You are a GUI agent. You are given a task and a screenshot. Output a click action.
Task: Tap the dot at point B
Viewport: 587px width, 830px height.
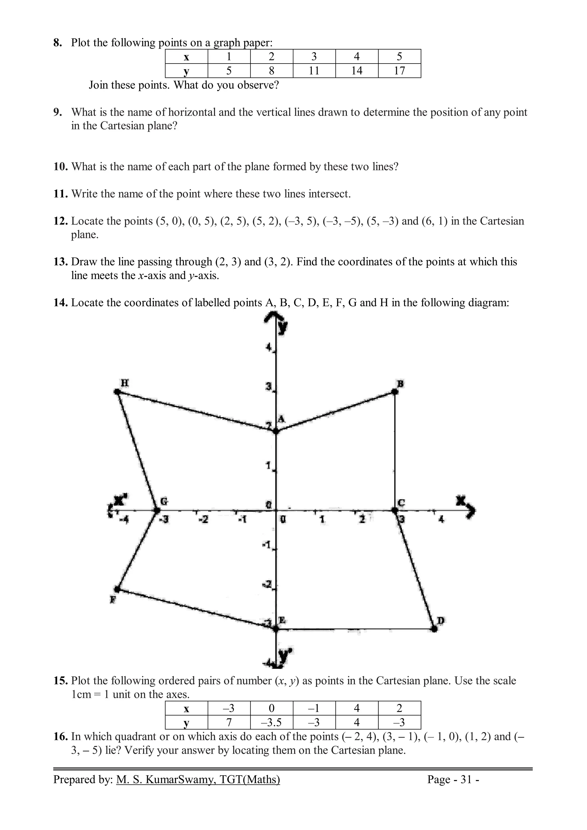(x=395, y=392)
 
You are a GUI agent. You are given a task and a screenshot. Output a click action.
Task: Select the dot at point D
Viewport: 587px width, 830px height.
(x=434, y=629)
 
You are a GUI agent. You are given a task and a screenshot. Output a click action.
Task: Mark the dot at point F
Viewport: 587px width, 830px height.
(x=117, y=589)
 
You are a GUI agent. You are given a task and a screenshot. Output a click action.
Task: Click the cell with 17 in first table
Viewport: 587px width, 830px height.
(x=399, y=70)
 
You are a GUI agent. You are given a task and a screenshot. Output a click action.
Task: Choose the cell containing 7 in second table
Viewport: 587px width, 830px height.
(x=229, y=723)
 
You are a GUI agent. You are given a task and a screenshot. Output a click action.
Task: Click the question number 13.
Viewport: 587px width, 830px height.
(x=61, y=262)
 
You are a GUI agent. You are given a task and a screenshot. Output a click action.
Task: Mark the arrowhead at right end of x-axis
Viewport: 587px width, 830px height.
(x=471, y=510)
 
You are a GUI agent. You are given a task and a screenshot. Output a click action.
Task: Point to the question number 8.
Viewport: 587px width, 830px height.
(x=58, y=43)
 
